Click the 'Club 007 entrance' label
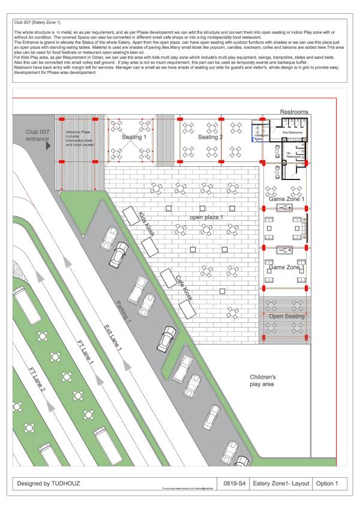coord(38,135)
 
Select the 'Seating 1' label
coord(134,137)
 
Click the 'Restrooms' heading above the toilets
coord(294,112)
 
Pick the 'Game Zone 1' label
coord(286,199)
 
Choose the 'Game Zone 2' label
coord(286,267)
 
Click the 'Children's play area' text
coord(262,380)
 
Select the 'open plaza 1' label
coord(206,217)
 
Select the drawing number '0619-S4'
coord(231,483)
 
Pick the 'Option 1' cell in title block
coord(326,483)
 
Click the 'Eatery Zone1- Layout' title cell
coord(280,483)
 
